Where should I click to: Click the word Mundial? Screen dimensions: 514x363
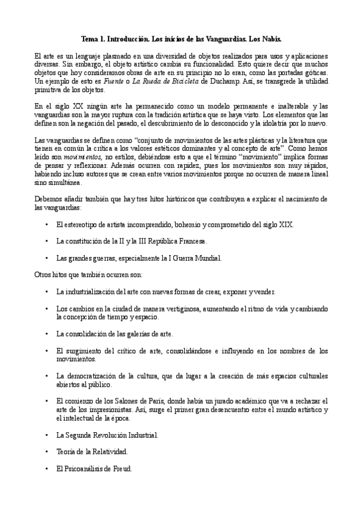pyautogui.click(x=208, y=258)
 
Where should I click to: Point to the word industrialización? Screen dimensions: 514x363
pyautogui.click(x=95, y=292)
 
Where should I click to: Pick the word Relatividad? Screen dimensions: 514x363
pyautogui.click(x=107, y=452)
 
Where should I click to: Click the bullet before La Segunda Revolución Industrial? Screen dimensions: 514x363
pyautogui.click(x=47, y=435)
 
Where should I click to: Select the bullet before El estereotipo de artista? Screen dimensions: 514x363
pyautogui.click(x=47, y=224)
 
